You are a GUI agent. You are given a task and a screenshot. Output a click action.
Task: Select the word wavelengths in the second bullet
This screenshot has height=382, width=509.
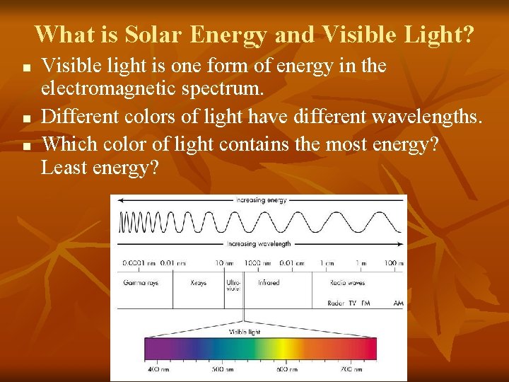coord(423,117)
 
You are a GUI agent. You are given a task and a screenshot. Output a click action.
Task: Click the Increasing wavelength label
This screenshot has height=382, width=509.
coord(259,244)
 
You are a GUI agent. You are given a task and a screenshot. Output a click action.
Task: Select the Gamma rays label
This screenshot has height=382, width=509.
coord(141,282)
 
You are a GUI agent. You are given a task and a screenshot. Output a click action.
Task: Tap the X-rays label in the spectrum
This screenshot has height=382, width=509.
coord(199,282)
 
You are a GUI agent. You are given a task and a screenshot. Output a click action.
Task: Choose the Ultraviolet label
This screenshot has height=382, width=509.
coord(233,285)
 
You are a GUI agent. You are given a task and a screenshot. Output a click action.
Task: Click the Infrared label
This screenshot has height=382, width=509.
coord(269,282)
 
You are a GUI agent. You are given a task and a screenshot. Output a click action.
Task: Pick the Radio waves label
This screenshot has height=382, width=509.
coord(347,282)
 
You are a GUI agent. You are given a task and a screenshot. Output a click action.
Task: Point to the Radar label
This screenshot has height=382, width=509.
coord(337,303)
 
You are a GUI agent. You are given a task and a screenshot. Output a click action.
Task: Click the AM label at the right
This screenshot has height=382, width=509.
coord(398,303)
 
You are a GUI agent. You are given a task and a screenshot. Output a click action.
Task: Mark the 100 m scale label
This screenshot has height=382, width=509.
coord(394,263)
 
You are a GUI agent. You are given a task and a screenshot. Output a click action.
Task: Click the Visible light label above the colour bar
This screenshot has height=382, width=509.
coord(245,332)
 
